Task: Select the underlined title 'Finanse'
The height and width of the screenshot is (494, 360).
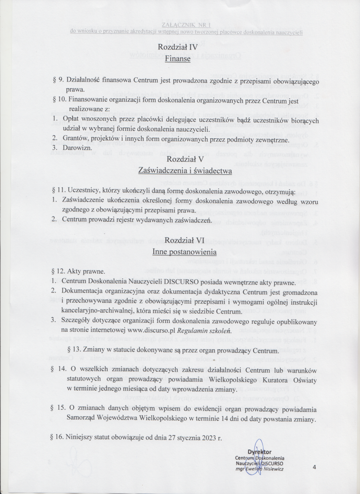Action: [x=180, y=59]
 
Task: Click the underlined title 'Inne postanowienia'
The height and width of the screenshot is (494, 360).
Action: [x=180, y=252]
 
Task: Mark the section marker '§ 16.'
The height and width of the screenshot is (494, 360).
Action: [x=59, y=438]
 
